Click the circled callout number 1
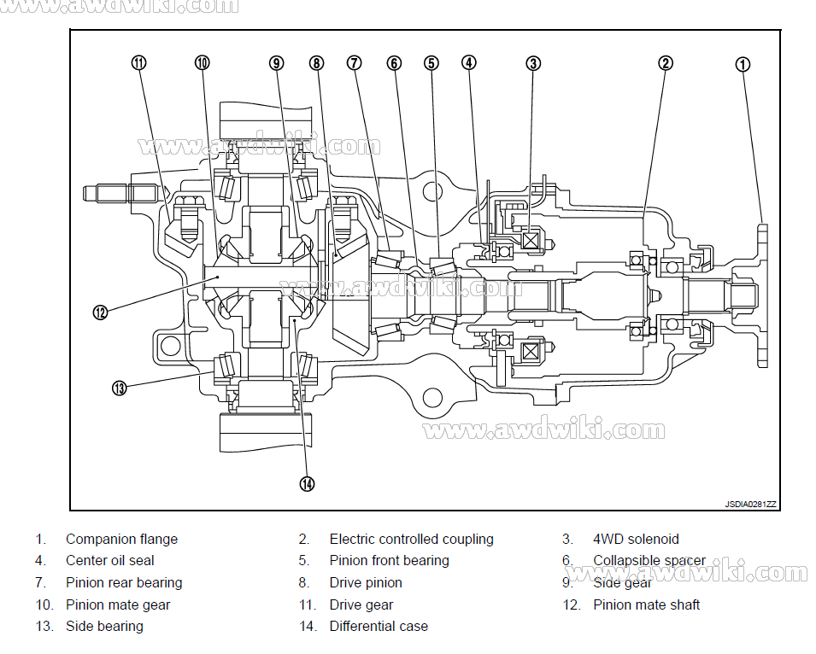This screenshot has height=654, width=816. coord(743,63)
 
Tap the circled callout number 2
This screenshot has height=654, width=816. coord(665,62)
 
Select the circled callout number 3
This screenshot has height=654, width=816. coord(533,62)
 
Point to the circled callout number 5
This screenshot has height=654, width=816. coord(431,62)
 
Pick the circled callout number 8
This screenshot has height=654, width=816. coord(317,62)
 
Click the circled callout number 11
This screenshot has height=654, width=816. coord(138,62)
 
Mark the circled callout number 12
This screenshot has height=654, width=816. coord(100,312)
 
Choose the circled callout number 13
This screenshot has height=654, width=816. coord(119,388)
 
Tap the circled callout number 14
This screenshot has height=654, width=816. coord(307,483)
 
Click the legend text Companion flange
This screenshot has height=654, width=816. coord(121,539)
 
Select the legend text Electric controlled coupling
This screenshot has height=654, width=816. coord(411,539)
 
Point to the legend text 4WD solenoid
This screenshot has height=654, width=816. coord(636,539)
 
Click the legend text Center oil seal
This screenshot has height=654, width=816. coord(109,561)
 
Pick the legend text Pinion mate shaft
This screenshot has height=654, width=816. coord(646,604)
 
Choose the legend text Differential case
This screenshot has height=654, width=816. coord(379,626)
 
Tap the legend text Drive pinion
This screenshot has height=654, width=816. coord(366,583)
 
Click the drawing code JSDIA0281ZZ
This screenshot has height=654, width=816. coord(750,505)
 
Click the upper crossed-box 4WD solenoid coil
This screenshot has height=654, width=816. coord(531,242)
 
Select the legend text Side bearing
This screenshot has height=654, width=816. coord(104,626)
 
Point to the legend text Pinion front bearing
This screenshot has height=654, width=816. coord(389,561)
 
